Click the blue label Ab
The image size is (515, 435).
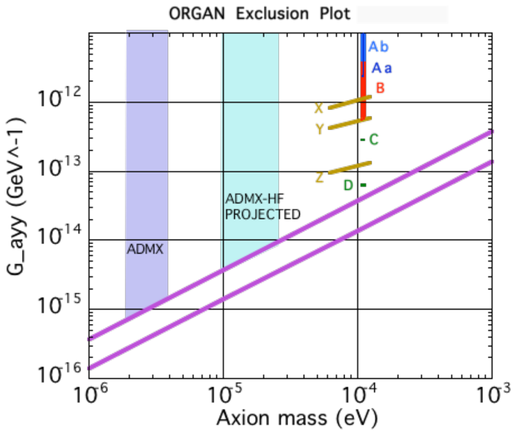[378, 47]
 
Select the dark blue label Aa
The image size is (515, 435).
[381, 68]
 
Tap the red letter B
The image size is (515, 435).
[380, 88]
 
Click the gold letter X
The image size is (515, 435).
[319, 108]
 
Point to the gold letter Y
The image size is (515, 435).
[319, 129]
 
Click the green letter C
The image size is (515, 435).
[374, 139]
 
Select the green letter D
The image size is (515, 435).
[349, 185]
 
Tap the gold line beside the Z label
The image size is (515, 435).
[349, 167]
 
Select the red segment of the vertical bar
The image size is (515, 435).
[363, 92]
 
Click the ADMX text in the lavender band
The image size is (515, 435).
[145, 250]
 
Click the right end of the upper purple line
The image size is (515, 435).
[490, 133]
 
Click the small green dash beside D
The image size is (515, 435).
[363, 185]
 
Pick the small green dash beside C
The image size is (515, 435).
[362, 139]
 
